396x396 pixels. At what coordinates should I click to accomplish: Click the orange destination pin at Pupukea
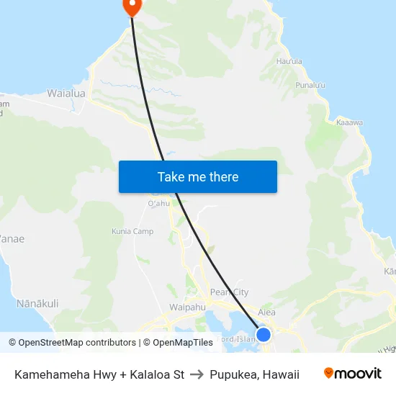tap(132, 6)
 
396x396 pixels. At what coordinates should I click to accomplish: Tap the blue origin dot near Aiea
tap(264, 335)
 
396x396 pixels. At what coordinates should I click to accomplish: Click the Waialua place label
tap(66, 94)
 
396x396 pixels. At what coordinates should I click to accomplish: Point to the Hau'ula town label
tap(289, 61)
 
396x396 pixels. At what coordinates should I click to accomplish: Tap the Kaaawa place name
tap(349, 123)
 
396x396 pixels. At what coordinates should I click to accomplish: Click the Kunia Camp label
tap(132, 232)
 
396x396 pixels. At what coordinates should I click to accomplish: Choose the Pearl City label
tap(229, 292)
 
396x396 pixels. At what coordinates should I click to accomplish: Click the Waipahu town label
tap(188, 307)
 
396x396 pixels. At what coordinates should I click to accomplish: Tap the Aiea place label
tap(266, 312)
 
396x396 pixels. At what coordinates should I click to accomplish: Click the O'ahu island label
tap(158, 204)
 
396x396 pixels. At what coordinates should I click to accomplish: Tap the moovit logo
tap(353, 374)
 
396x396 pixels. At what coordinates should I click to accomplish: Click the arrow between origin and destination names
tap(197, 374)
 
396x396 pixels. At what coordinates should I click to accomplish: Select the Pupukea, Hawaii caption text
tap(254, 374)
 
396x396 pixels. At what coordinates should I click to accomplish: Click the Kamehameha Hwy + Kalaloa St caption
tap(99, 374)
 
